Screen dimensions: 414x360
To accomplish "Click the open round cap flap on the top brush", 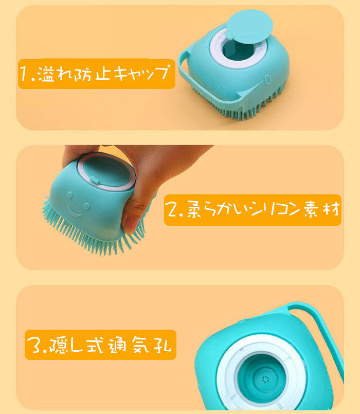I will [250, 26].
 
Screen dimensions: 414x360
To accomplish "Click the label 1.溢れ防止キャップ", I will [97, 74].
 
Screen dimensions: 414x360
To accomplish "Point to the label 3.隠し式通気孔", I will [100, 345].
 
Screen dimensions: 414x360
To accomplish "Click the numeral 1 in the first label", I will [25, 74].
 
